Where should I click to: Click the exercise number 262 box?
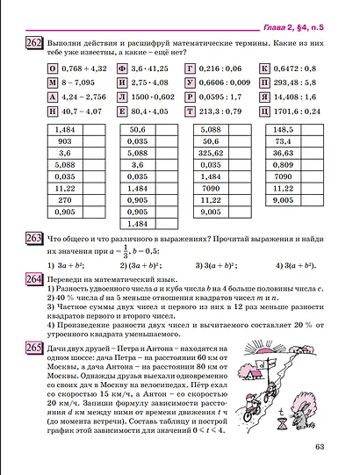tap(34, 43)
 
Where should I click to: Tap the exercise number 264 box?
tap(34, 277)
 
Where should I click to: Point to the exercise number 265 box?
tap(34, 349)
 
